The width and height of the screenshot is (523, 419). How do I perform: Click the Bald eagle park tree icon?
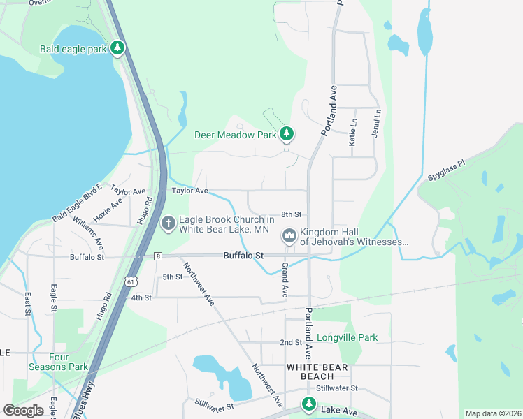click(x=118, y=48)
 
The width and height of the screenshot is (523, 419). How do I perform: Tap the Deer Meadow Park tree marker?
click(x=286, y=133)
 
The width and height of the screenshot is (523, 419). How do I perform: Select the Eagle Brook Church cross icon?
click(x=168, y=223)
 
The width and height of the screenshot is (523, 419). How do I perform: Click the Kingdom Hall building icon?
click(x=289, y=237)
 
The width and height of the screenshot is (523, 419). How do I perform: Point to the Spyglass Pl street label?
click(x=445, y=172)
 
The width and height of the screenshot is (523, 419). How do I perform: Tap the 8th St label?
click(x=291, y=214)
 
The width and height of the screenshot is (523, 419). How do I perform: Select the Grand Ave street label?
click(x=285, y=279)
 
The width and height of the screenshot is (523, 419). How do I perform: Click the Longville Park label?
click(x=347, y=338)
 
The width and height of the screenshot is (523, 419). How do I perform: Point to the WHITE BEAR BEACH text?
click(x=312, y=372)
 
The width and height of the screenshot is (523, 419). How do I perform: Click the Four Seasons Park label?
click(x=58, y=361)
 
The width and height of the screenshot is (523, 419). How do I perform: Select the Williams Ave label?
click(x=87, y=234)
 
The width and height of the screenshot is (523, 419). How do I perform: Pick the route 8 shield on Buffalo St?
click(x=159, y=256)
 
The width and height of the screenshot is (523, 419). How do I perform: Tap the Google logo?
click(x=23, y=411)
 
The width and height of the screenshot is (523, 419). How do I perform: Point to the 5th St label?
click(x=172, y=277)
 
